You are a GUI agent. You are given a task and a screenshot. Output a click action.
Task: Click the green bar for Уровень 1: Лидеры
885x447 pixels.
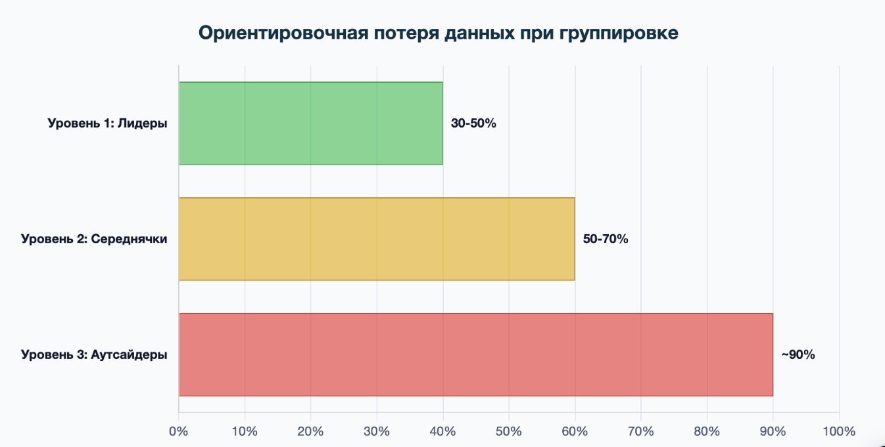[x=310, y=123]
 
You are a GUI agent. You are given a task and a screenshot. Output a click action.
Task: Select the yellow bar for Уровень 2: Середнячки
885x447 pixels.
[x=376, y=239]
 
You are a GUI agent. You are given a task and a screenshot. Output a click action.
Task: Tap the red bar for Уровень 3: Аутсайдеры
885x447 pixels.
[x=475, y=354]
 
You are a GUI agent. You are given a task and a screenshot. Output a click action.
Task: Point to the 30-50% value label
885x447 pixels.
[x=473, y=124]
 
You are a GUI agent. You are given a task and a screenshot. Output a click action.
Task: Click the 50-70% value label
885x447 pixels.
[x=606, y=239]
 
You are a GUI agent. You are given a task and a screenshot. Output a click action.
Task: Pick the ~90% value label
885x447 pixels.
[x=798, y=355]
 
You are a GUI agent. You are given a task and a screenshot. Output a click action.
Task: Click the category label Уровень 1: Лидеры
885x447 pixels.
[x=107, y=124]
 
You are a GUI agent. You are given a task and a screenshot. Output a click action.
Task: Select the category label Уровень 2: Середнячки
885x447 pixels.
[x=94, y=239]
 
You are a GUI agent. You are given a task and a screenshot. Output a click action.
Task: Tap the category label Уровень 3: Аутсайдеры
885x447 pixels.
[x=94, y=355]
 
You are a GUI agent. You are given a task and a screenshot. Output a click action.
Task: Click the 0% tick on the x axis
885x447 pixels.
[x=179, y=432]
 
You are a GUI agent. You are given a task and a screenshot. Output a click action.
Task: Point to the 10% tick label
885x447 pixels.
[x=245, y=432]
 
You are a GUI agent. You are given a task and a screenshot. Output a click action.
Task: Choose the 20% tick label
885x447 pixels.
[x=310, y=432]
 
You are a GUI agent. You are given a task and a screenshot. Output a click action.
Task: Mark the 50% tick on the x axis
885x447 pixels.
[x=509, y=432]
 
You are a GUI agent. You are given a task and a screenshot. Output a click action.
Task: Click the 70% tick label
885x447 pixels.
[x=641, y=432]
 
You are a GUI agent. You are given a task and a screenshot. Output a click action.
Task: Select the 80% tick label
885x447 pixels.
[x=707, y=432]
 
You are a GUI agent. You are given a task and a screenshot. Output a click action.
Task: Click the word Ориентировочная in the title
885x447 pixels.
[x=282, y=34]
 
